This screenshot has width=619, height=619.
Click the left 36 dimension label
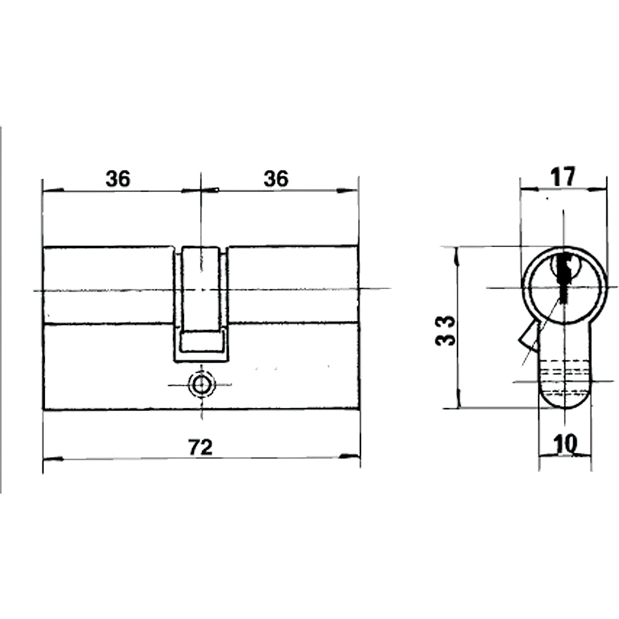[x=118, y=179]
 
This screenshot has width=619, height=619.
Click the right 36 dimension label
[x=276, y=179]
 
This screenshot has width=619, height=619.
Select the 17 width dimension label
[x=563, y=176]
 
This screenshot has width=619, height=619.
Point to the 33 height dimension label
[x=445, y=331]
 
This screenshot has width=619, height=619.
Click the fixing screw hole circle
[x=201, y=384]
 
